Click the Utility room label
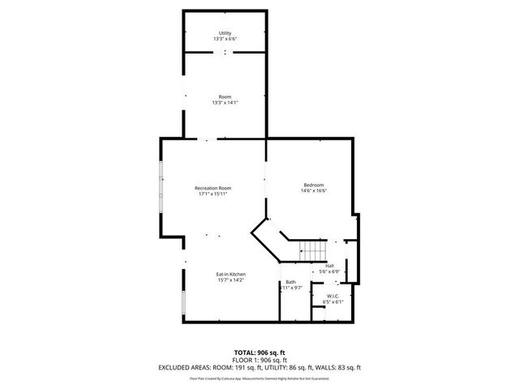click(x=225, y=32)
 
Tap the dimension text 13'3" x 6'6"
click(x=225, y=39)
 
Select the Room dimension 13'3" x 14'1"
click(x=225, y=102)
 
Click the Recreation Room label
click(x=212, y=188)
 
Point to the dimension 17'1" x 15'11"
click(x=212, y=194)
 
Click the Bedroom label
click(x=313, y=185)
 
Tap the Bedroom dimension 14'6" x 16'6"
click(x=313, y=191)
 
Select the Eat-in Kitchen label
click(x=230, y=274)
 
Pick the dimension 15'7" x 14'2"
click(x=230, y=280)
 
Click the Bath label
click(x=290, y=281)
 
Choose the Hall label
click(x=329, y=265)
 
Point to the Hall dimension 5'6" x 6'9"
click(x=329, y=271)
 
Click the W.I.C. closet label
click(x=332, y=296)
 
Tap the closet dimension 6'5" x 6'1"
click(x=332, y=302)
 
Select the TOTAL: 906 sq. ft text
click(x=259, y=353)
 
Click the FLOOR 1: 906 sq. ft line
click(x=259, y=360)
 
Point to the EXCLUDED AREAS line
click(x=259, y=367)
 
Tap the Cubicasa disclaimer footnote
click(x=259, y=378)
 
